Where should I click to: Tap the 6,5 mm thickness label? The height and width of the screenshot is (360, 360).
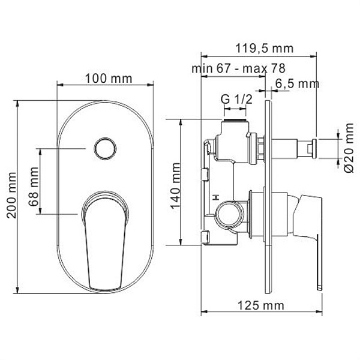298,83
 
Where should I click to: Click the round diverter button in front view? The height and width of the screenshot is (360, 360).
106,147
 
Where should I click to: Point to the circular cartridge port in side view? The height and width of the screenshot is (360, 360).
230,212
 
